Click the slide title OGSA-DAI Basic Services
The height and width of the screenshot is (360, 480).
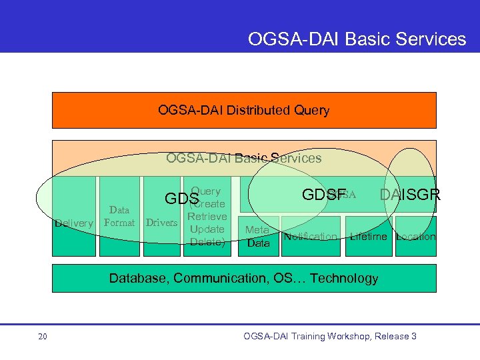[x=357, y=39]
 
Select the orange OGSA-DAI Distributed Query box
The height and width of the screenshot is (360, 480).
[x=244, y=110]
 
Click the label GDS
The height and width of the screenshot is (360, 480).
[x=181, y=199]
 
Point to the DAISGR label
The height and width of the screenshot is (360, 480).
[x=409, y=195]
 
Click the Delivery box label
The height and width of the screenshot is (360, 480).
[x=73, y=223]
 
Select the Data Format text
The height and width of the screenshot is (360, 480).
[x=120, y=216]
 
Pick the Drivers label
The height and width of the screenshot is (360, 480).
[x=161, y=223]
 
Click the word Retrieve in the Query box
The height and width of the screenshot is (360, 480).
[x=207, y=217]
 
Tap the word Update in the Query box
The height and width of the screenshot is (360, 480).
[x=207, y=229]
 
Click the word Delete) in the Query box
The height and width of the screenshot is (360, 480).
[x=207, y=242]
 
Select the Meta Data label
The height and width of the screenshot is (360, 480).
[x=258, y=237]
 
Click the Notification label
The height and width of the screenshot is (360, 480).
[x=311, y=237]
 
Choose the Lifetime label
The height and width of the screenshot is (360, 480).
[x=369, y=237]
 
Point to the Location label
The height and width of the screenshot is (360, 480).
[x=415, y=237]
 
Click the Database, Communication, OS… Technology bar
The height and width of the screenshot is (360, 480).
[x=244, y=278]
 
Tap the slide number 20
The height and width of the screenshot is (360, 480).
[x=43, y=337]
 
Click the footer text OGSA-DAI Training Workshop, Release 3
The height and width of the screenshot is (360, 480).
[x=330, y=337]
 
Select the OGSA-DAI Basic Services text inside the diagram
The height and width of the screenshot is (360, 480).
[x=244, y=158]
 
